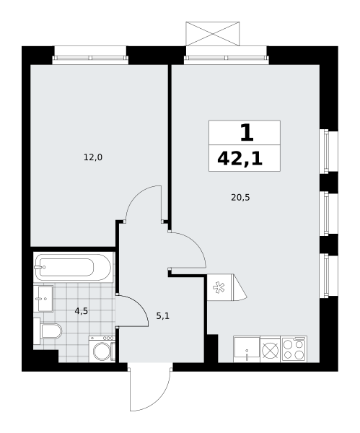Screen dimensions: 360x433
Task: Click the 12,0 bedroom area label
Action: click(x=93, y=157)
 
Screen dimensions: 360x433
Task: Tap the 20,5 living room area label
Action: click(x=240, y=198)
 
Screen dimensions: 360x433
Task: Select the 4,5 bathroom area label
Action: click(x=82, y=311)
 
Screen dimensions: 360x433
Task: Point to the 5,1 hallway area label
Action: click(x=163, y=316)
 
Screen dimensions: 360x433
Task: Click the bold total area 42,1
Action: click(x=240, y=159)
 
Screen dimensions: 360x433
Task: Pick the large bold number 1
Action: click(x=247, y=133)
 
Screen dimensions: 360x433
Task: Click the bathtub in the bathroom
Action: click(x=73, y=267)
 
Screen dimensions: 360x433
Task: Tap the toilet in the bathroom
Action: click(x=48, y=331)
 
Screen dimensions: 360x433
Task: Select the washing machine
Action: click(x=102, y=349)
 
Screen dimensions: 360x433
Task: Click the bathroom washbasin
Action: click(x=43, y=299)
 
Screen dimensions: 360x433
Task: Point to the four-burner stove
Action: click(x=294, y=349)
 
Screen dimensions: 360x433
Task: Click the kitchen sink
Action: click(x=247, y=349)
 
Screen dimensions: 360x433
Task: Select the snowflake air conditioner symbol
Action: click(x=219, y=287)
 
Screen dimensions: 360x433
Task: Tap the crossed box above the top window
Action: click(x=213, y=34)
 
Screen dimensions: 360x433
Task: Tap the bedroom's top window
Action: click(x=90, y=58)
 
